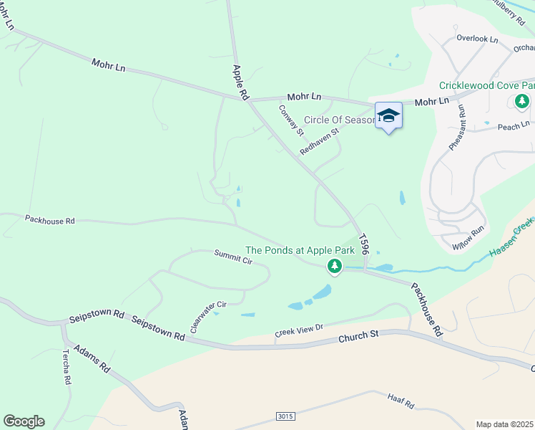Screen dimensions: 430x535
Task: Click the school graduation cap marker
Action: coord(388,115)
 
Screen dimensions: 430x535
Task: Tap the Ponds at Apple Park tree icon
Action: coord(334,267)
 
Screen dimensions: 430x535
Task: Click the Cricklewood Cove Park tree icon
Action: coord(522,101)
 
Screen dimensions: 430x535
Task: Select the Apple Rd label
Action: coord(240,82)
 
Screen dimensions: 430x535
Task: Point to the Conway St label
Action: coord(291,120)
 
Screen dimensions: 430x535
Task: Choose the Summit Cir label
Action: coord(233,257)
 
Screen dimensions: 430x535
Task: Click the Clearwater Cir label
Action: coord(207,316)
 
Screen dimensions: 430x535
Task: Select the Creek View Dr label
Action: coord(300,331)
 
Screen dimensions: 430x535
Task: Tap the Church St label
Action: coord(358,335)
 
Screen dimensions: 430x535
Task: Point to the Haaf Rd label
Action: coord(401,401)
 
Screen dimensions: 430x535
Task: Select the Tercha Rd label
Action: coord(66,367)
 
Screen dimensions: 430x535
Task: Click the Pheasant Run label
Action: coord(458,127)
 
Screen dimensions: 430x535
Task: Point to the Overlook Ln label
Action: coord(477,39)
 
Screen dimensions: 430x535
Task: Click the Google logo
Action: coord(24,421)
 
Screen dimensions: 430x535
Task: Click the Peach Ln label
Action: coord(513,127)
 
